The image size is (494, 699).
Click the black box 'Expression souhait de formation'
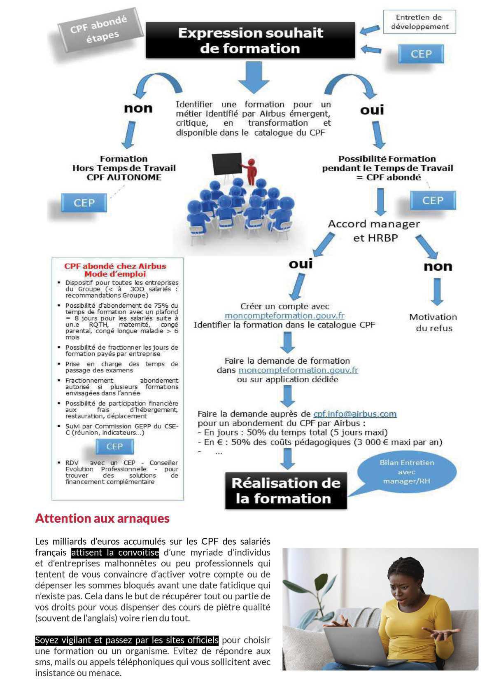click(250, 40)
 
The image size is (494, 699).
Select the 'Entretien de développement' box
click(419, 22)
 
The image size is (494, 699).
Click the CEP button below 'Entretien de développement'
click(421, 54)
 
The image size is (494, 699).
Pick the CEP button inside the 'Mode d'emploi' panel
click(114, 447)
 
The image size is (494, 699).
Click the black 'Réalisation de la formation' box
click(286, 491)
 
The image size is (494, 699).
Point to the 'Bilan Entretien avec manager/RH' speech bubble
click(407, 472)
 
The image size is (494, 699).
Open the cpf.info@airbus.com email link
click(355, 414)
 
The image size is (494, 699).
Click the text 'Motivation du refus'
click(433, 323)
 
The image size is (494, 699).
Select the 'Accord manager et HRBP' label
click(374, 231)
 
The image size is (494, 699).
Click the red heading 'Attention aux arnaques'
click(103, 518)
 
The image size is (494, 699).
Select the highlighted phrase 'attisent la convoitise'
click(115, 552)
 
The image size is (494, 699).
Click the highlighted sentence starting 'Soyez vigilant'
click(127, 640)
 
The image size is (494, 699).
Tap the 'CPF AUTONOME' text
click(124, 177)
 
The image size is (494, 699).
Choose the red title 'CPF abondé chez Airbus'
click(115, 266)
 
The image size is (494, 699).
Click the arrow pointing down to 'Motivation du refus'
click(437, 291)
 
